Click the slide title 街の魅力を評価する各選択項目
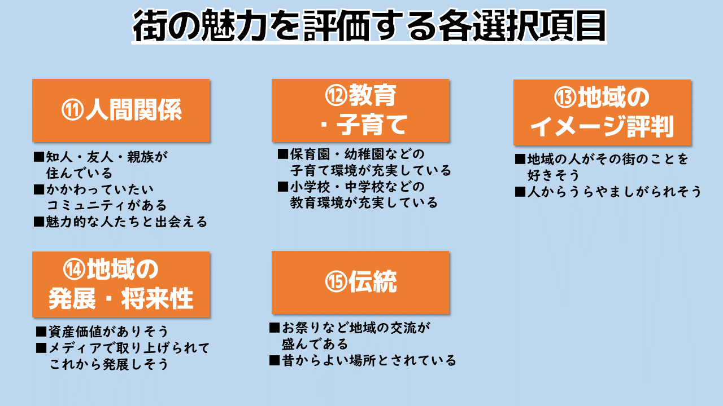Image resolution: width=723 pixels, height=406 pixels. pos(369,26)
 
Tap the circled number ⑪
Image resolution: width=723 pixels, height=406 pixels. pos(73,110)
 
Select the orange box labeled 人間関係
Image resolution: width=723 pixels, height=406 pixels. pos(121,111)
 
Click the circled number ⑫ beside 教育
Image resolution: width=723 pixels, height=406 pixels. pos(336,96)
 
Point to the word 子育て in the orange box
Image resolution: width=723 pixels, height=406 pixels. pos(372,125)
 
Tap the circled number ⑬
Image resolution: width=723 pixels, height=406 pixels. pos(565,98)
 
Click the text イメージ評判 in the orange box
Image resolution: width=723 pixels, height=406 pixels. pos(602,127)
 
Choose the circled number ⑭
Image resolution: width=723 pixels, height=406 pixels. pos(74,270)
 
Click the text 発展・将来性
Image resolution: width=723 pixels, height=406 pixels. pos(121,299)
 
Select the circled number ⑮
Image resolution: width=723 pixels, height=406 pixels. pos(336,282)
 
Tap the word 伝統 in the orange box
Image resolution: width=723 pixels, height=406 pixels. pos(372,282)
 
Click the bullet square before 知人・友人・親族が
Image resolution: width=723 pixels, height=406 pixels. pos(39,157)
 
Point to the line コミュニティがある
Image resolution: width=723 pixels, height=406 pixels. pos(107,205)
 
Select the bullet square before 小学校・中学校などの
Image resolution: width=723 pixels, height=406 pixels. pos(283,187)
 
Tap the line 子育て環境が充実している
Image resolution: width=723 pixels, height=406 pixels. pos(371,170)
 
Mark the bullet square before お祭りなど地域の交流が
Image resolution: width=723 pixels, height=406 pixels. pos(275,328)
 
